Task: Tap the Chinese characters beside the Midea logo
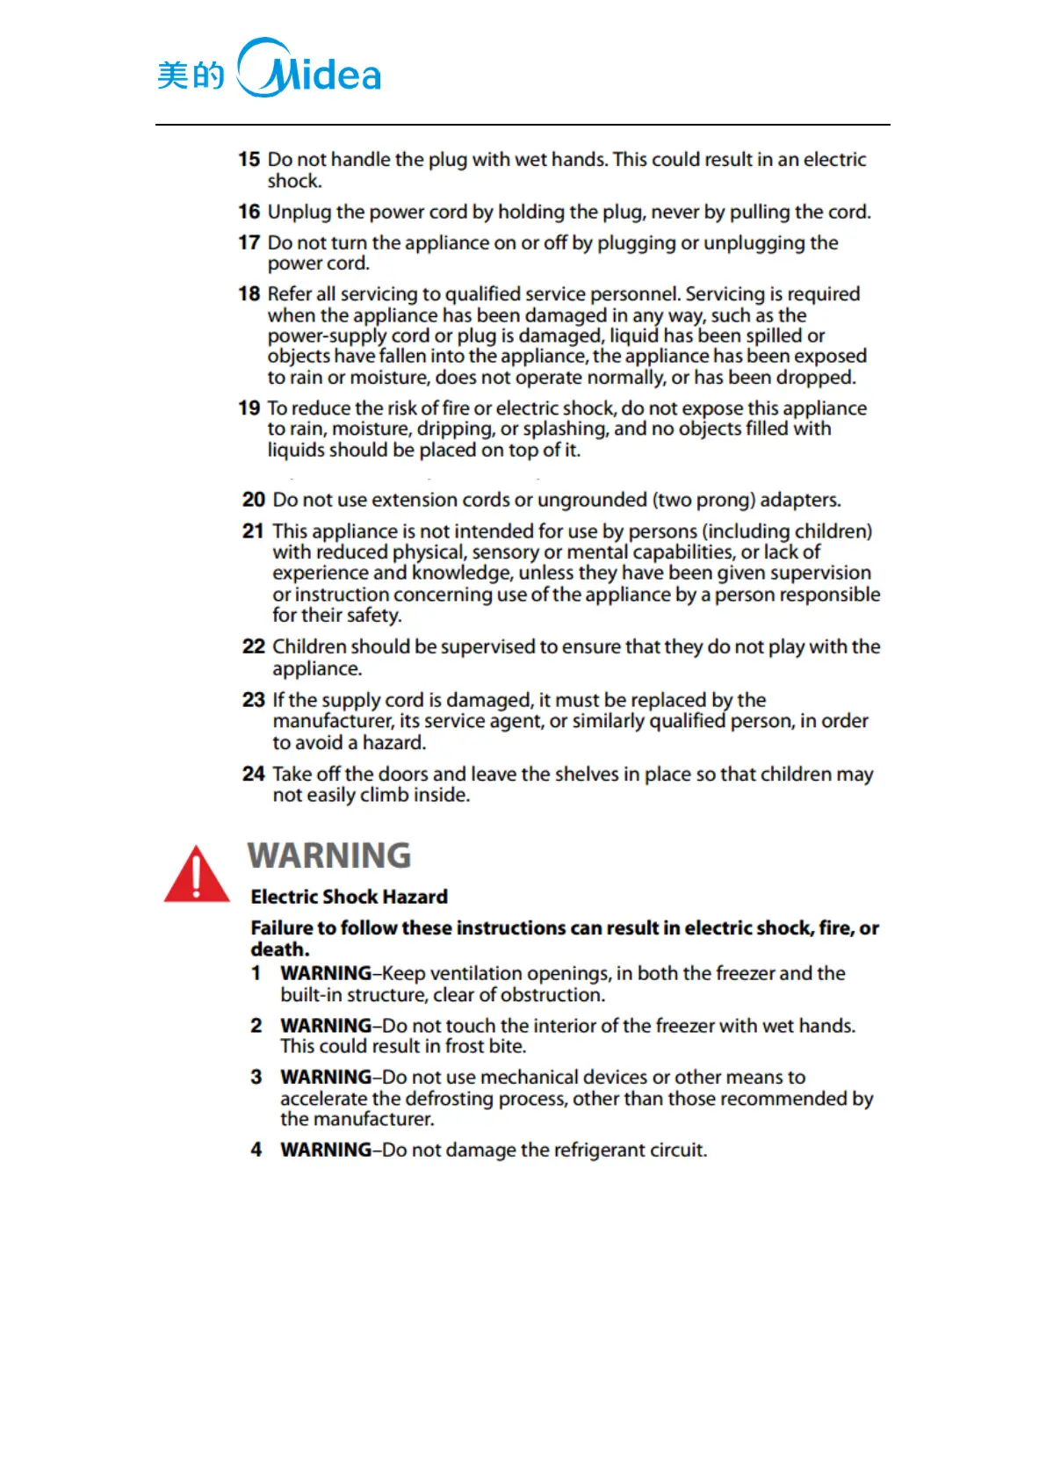pos(191,76)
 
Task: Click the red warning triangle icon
pos(197,875)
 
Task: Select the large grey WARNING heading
pos(329,855)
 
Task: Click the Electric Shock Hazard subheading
pos(349,897)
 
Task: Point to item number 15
pos(249,160)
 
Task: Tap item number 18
pos(249,294)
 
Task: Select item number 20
pos(253,500)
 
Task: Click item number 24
pos(253,774)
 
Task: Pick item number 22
pos(253,646)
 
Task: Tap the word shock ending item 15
pos(293,182)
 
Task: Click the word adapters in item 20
pos(799,500)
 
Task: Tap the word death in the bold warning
pos(278,949)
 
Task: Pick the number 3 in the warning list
pos(256,1077)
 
